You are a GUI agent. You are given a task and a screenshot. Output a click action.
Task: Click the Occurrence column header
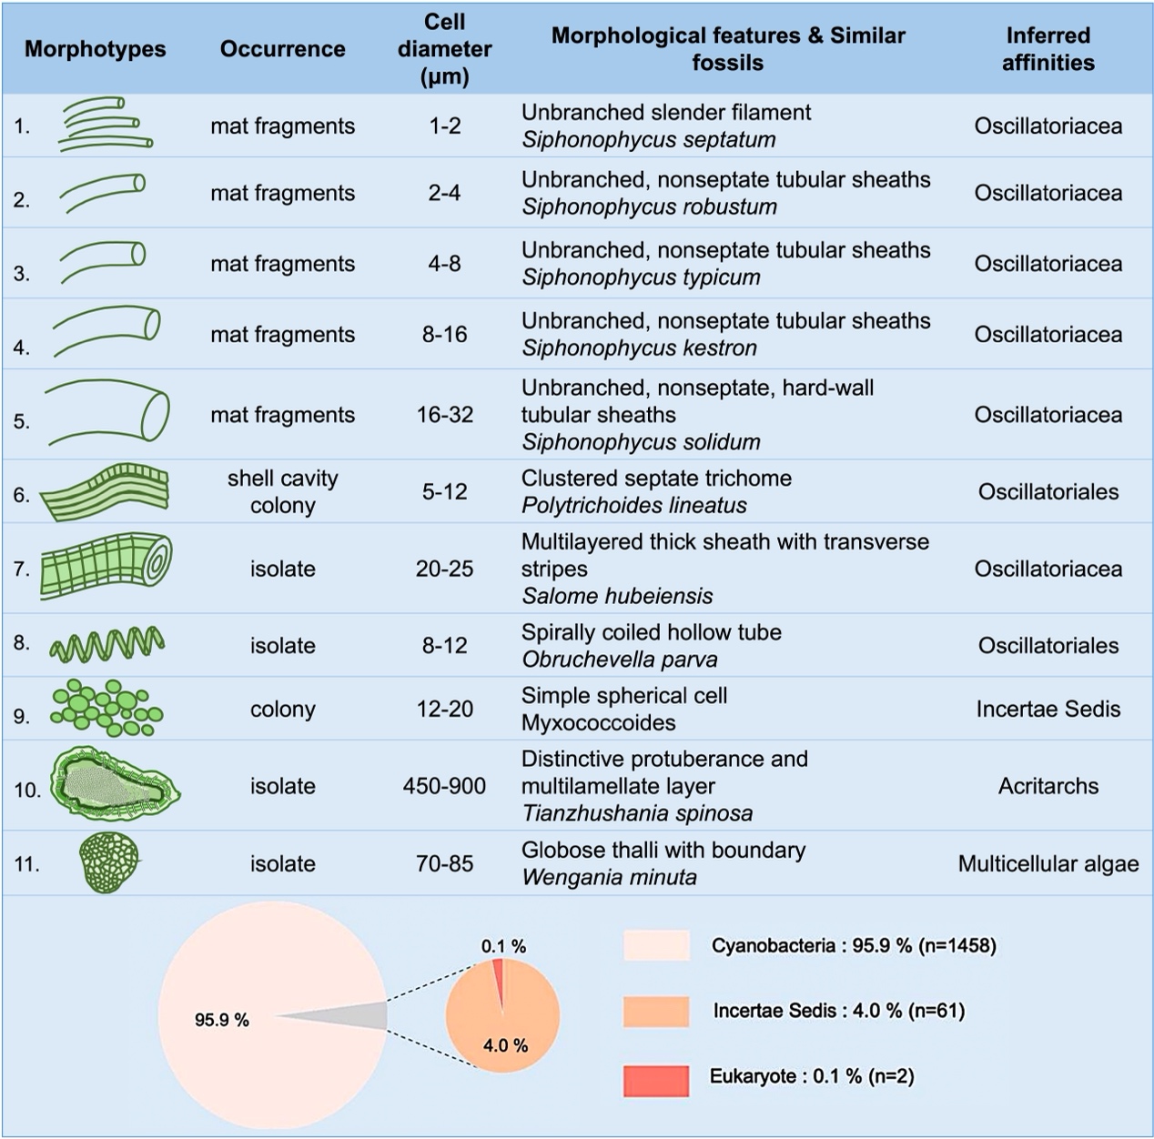coord(282,49)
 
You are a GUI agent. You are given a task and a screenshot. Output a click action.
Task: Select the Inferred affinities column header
coord(1048,49)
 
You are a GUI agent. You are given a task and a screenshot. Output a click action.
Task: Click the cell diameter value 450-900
coord(444,786)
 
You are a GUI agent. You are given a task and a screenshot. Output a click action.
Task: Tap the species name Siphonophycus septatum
coord(649,140)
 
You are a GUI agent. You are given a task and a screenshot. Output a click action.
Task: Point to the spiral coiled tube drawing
coord(107,644)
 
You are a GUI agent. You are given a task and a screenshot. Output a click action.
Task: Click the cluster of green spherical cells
coord(107,708)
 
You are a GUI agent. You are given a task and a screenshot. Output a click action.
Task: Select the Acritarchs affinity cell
coord(1048,786)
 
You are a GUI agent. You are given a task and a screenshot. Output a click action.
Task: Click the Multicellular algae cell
coord(1048,863)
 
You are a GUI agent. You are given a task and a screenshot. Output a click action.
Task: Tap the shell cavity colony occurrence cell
coord(282,491)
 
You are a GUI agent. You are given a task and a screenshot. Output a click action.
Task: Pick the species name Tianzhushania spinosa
coord(637,813)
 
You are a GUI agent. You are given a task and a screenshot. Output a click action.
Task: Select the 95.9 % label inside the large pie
coord(221,1020)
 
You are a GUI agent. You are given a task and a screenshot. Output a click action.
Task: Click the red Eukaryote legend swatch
coord(656,1079)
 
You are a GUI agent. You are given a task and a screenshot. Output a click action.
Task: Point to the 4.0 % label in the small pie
coord(505,1045)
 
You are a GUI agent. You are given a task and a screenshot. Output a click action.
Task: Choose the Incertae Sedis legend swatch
coord(656,1011)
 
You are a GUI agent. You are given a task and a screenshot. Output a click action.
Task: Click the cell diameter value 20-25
coord(444,569)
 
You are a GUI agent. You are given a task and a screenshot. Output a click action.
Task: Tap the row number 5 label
coord(22,421)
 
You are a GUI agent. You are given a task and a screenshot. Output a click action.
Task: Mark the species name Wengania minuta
coord(609,877)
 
